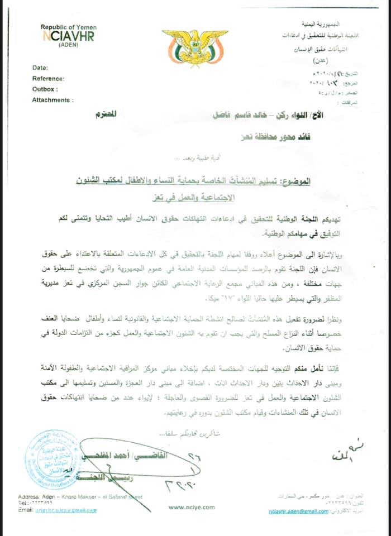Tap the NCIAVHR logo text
(69, 36)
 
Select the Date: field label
(40, 68)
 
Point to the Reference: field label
(48, 79)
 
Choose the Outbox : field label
(45, 89)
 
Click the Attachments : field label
(53, 99)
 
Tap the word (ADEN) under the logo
(69, 45)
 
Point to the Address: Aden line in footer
(79, 496)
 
